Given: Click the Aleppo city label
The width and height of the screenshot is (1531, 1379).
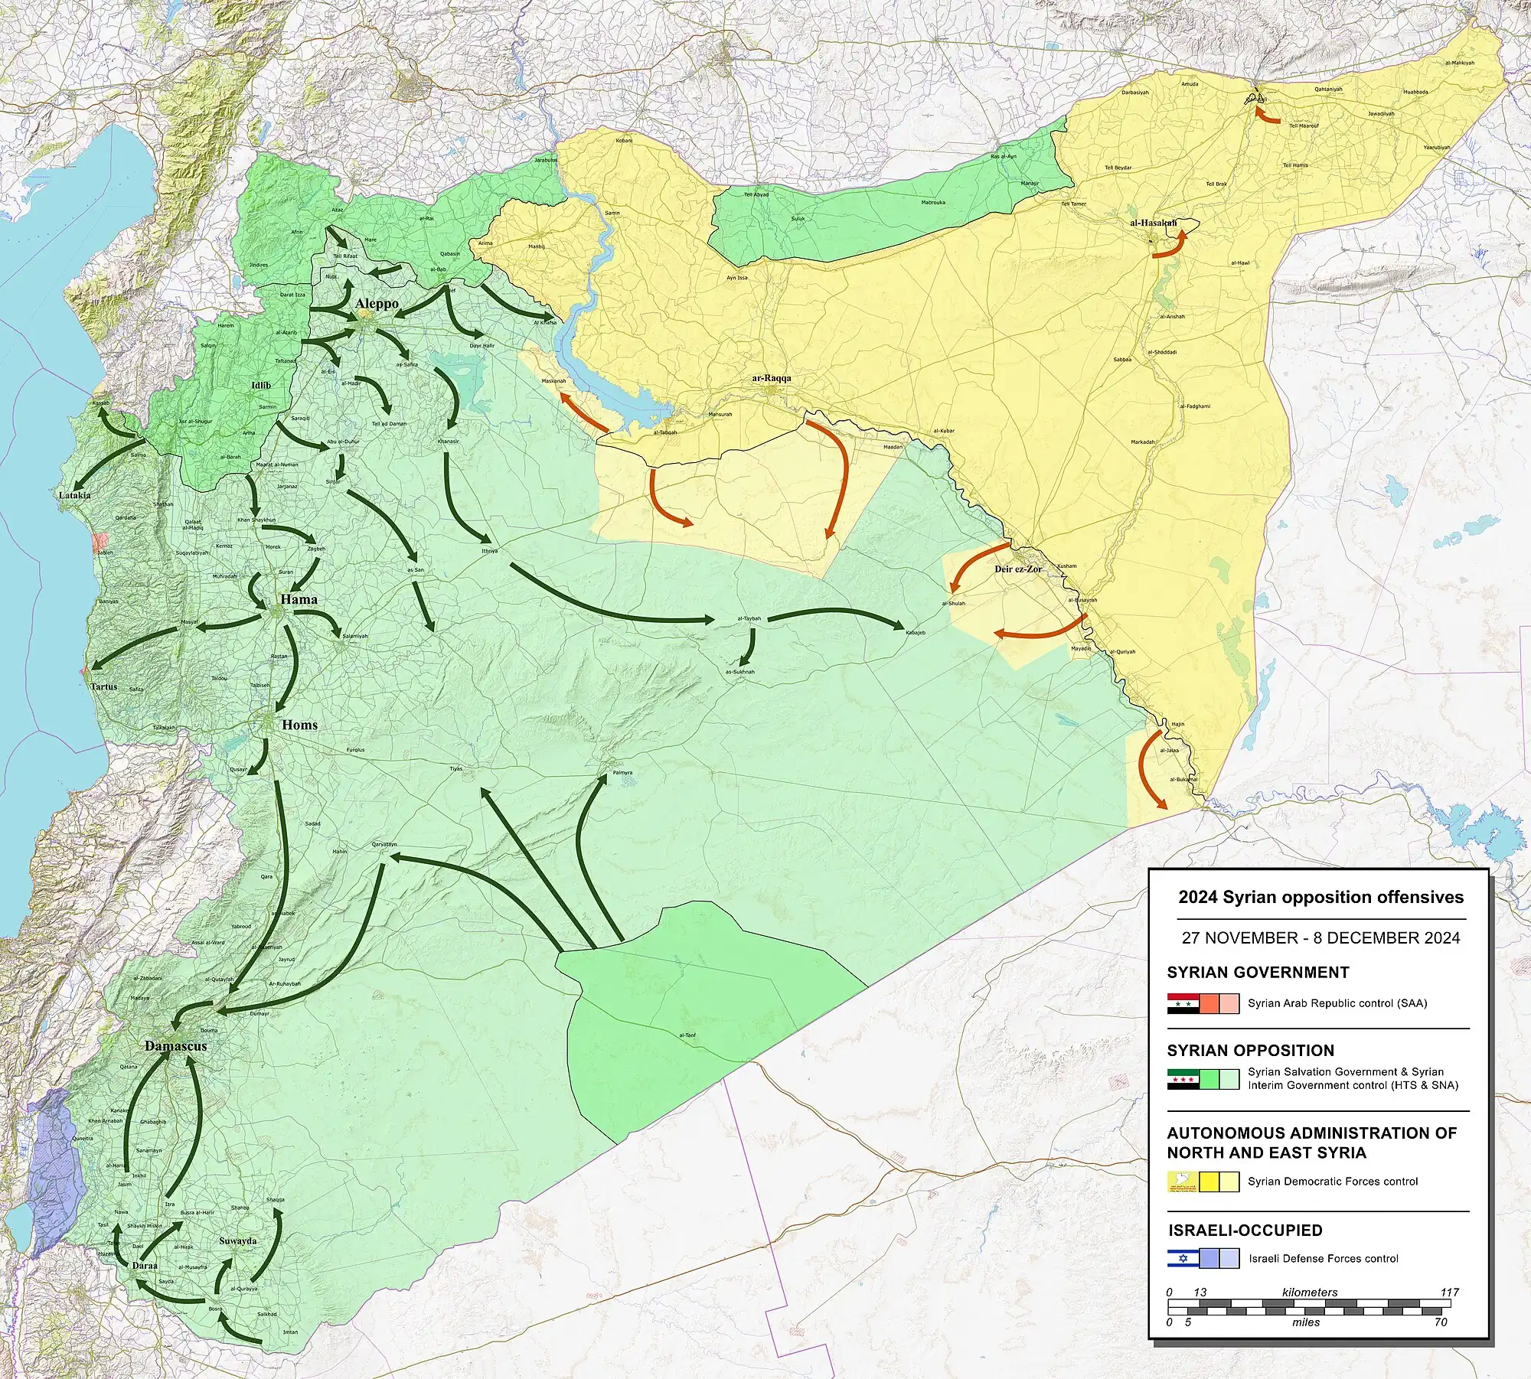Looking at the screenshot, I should click(x=377, y=304).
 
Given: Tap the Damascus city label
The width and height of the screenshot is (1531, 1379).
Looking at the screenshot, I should click(x=176, y=1045).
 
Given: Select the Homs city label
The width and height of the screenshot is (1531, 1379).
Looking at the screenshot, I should click(x=299, y=725).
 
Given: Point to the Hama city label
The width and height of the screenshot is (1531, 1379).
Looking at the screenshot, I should click(x=299, y=599).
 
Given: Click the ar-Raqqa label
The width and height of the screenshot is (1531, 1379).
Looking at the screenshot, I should click(x=771, y=378).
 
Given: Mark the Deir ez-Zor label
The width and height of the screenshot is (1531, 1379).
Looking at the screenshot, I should click(x=1017, y=569).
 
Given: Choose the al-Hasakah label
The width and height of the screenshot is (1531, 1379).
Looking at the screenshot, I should click(x=1153, y=223).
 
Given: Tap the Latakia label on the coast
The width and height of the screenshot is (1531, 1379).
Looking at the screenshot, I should click(x=74, y=495).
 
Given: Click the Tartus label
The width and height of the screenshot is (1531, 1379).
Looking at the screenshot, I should click(x=104, y=686).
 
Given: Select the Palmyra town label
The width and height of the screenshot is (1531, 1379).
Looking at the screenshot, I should click(x=622, y=773).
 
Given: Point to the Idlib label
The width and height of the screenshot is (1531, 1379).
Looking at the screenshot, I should click(x=261, y=385).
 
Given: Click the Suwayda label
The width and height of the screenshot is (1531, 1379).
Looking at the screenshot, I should click(x=237, y=1240).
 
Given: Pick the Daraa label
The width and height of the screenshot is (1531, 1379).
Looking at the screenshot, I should click(x=145, y=1265).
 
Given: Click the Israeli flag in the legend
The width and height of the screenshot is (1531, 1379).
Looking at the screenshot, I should click(x=1183, y=1258).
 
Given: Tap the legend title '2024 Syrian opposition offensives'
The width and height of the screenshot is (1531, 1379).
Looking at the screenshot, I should click(x=1320, y=897).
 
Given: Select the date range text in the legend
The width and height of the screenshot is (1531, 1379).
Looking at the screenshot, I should click(x=1320, y=937).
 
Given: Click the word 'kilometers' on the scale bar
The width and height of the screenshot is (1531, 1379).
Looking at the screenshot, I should click(x=1310, y=1292).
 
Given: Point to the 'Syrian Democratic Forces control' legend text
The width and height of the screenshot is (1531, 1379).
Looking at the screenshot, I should click(x=1332, y=1182).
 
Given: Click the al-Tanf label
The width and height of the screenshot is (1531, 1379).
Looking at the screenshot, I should click(x=687, y=1035).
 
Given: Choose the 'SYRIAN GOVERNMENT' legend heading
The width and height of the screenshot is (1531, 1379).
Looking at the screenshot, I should click(x=1258, y=973).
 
